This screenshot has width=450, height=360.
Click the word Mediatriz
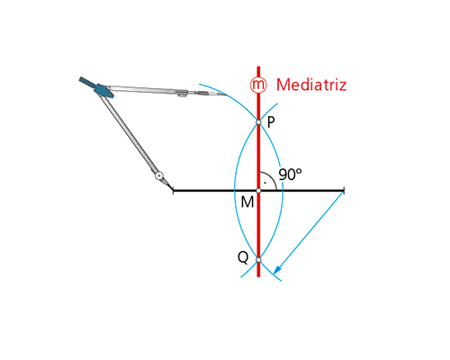point(311,85)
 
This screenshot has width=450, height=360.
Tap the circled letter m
point(258,85)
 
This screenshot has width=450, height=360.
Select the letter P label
point(271,122)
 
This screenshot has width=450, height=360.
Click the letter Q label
point(243,257)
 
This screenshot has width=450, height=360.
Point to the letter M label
point(247,202)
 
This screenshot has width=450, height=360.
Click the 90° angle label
point(290,175)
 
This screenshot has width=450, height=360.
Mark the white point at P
point(258,122)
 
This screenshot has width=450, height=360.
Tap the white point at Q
point(258,260)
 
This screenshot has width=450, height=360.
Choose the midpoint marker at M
point(258,191)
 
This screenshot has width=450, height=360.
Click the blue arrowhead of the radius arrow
point(277,269)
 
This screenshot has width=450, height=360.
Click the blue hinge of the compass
point(103,91)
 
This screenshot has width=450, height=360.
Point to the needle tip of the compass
point(173,190)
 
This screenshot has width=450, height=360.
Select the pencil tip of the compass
point(224,94)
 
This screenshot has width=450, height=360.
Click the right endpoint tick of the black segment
point(344,191)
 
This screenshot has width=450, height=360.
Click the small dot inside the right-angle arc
point(265,183)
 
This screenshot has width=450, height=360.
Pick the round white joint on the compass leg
point(159,175)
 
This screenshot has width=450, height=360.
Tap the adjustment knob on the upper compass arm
point(182,95)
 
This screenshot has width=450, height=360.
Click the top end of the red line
point(258,67)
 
